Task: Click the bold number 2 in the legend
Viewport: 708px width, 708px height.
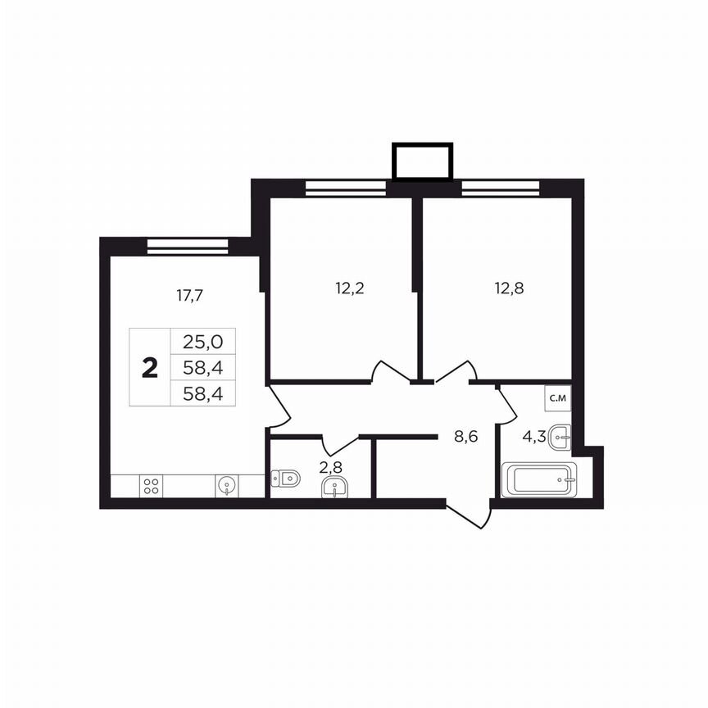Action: tap(149, 368)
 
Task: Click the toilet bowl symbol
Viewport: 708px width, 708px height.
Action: tap(286, 477)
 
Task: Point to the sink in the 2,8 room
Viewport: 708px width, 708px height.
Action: tap(334, 488)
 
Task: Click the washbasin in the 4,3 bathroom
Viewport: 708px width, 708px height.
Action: tap(560, 436)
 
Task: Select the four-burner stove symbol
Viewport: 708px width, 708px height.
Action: tap(152, 486)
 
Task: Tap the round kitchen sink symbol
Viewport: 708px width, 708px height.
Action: tap(226, 486)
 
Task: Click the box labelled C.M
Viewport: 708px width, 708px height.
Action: tap(558, 398)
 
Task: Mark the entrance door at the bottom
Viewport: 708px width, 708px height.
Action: tap(469, 511)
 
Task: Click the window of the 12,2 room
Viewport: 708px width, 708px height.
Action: tap(345, 188)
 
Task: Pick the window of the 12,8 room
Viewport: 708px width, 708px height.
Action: tap(500, 188)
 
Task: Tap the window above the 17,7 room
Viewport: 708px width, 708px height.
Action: tap(188, 246)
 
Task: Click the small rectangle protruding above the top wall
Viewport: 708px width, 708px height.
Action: tap(422, 161)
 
